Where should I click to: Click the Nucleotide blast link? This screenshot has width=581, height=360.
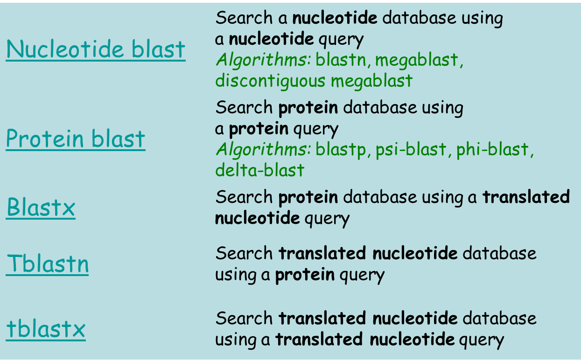click(96, 49)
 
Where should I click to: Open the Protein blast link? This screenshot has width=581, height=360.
click(76, 138)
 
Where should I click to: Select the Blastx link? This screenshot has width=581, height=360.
click(41, 208)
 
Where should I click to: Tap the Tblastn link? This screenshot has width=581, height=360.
click(47, 264)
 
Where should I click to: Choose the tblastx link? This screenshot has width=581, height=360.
click(46, 329)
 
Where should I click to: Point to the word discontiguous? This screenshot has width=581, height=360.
click(270, 81)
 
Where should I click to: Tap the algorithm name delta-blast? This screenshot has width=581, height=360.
click(259, 170)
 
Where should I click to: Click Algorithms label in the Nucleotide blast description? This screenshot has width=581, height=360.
click(263, 60)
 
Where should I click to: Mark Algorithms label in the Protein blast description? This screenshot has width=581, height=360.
click(263, 150)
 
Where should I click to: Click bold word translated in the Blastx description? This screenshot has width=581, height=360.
click(526, 197)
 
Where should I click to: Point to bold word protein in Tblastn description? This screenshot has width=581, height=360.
click(305, 275)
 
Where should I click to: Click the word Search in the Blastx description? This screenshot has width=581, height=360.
click(244, 197)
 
